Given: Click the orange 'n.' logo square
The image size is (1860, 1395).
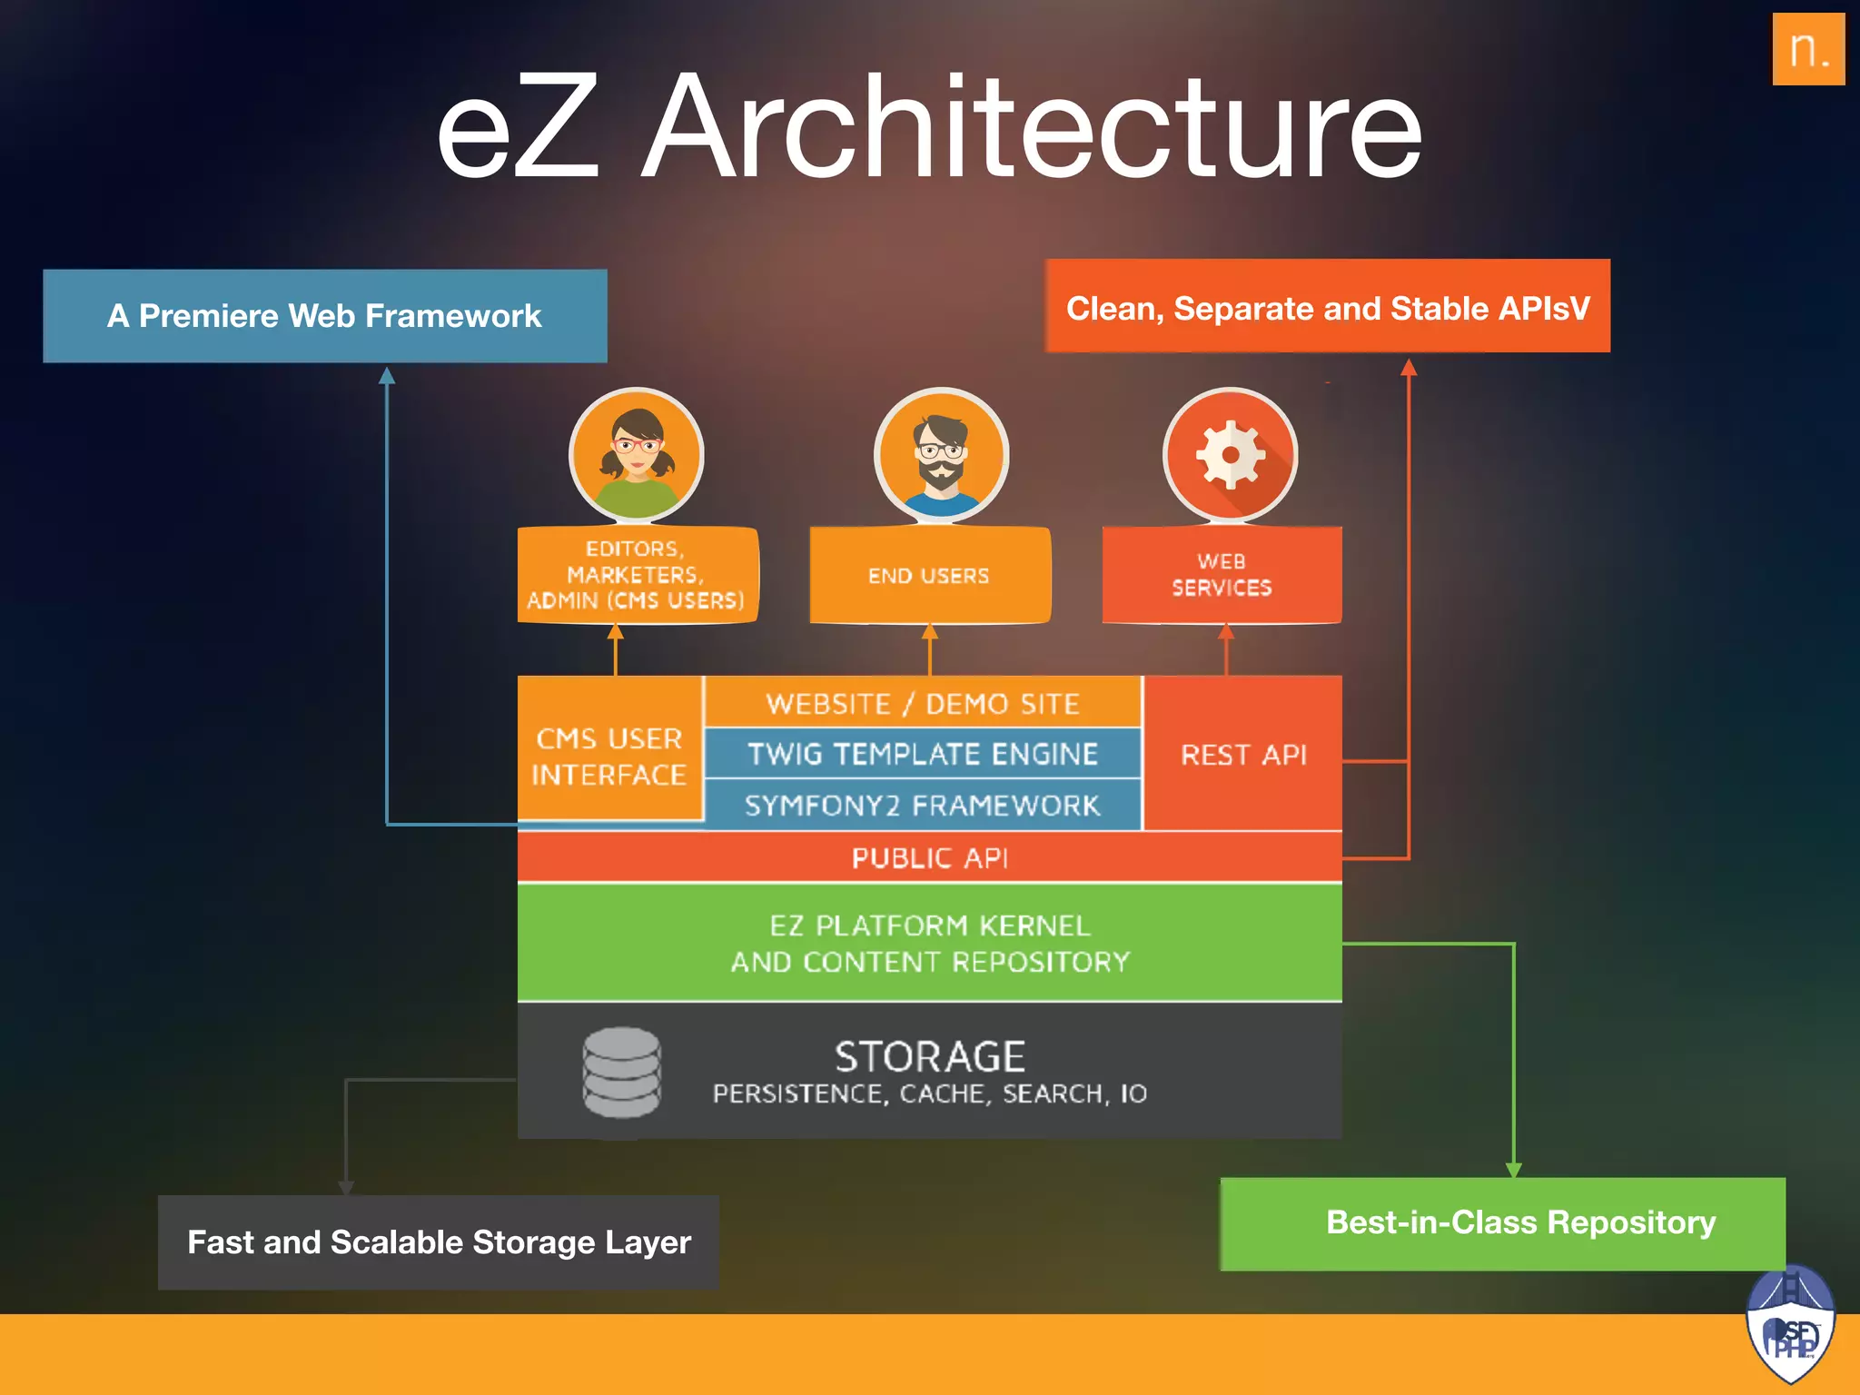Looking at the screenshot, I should point(1807,49).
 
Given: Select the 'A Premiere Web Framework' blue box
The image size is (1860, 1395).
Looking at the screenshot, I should point(324,316).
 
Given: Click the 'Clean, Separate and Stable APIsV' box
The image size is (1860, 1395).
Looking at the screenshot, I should point(1327,307).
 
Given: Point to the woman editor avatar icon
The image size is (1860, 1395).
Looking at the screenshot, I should point(636,454).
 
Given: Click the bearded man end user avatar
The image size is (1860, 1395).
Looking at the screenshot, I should point(941,454).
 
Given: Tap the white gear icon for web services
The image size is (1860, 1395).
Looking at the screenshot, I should point(1230,454).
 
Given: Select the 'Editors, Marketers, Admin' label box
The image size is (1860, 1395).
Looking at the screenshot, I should point(636,575).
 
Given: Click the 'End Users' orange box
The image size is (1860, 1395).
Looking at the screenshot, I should point(929,576).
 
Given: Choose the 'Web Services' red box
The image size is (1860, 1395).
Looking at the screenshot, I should point(1222,576).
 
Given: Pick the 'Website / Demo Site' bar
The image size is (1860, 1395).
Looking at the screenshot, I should point(922,703).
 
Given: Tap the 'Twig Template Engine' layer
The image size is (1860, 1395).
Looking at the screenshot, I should point(922,754).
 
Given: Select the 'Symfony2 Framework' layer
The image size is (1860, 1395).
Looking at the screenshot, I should point(922,805).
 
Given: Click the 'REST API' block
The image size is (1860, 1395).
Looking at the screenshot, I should point(1242,754).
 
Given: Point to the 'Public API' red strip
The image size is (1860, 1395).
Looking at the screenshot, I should point(929,857).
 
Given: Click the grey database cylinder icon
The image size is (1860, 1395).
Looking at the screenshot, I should point(621,1073).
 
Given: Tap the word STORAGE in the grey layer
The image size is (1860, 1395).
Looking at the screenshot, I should point(929,1057).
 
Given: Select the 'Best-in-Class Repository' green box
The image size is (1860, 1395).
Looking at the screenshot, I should point(1503,1222).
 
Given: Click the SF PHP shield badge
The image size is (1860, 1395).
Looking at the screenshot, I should point(1790,1326).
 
